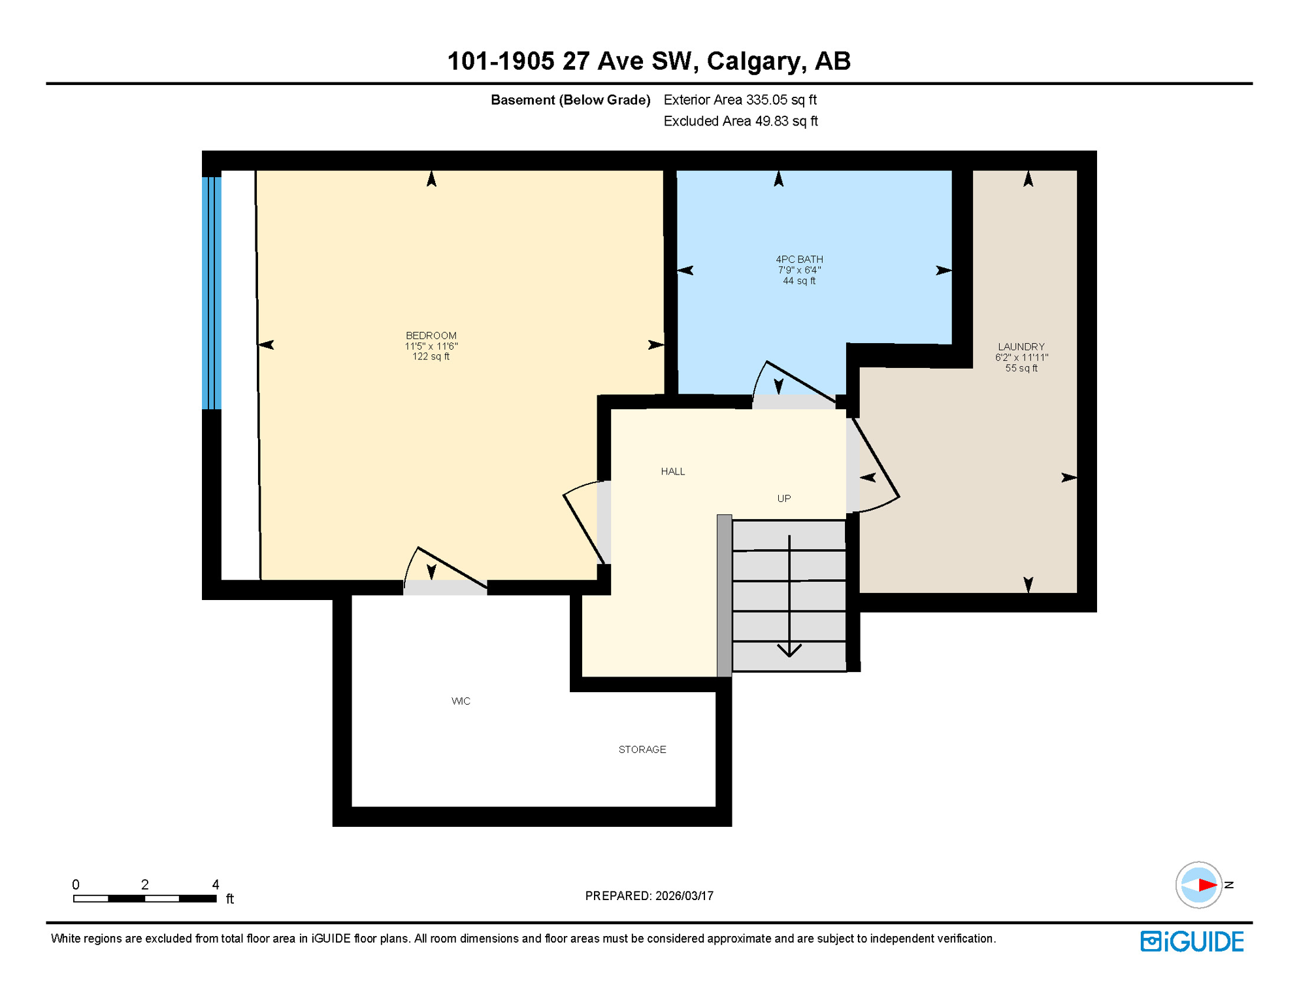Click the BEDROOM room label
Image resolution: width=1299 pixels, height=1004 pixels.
tap(431, 335)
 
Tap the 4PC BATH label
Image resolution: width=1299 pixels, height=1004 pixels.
tap(798, 259)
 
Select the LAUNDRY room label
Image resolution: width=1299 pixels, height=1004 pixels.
tap(1021, 346)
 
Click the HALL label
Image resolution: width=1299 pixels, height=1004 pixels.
tap(672, 471)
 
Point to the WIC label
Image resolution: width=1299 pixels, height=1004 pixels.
tap(461, 701)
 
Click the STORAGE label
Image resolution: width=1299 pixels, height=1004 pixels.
tap(642, 749)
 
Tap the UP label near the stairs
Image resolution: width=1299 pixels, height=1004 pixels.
tap(783, 498)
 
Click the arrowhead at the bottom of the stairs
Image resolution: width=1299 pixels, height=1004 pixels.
tap(789, 650)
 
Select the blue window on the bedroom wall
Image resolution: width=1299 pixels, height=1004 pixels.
tap(212, 292)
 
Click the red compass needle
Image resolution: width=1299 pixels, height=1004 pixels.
tap(1207, 885)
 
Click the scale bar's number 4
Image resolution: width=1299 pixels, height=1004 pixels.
tap(216, 884)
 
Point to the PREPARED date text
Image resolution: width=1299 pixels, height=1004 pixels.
tap(649, 895)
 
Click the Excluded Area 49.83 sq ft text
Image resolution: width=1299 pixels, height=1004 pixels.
tap(740, 121)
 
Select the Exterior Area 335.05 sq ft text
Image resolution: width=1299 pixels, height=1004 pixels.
tap(740, 99)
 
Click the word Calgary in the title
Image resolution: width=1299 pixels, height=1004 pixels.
tap(753, 61)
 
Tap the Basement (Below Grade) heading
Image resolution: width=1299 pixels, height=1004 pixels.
tap(570, 99)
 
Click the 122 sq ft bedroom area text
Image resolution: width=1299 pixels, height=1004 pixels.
tap(431, 356)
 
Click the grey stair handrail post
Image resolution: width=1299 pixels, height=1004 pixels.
tap(724, 595)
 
